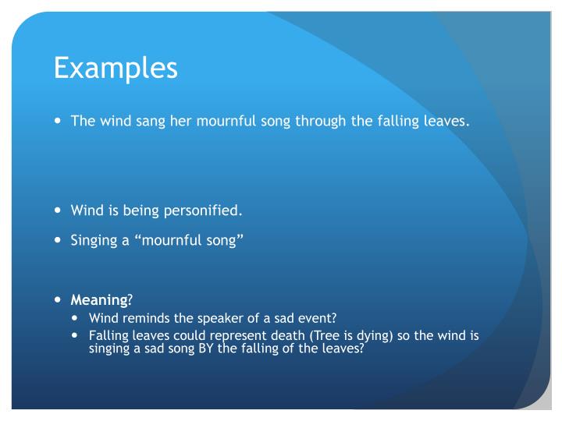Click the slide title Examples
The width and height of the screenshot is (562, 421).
(116, 69)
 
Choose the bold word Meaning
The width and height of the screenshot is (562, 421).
(98, 300)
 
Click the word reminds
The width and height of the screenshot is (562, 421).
(144, 318)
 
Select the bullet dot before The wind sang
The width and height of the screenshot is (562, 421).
(59, 121)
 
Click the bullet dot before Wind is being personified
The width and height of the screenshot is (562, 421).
(59, 210)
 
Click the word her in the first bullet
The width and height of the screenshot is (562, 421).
(173, 122)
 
